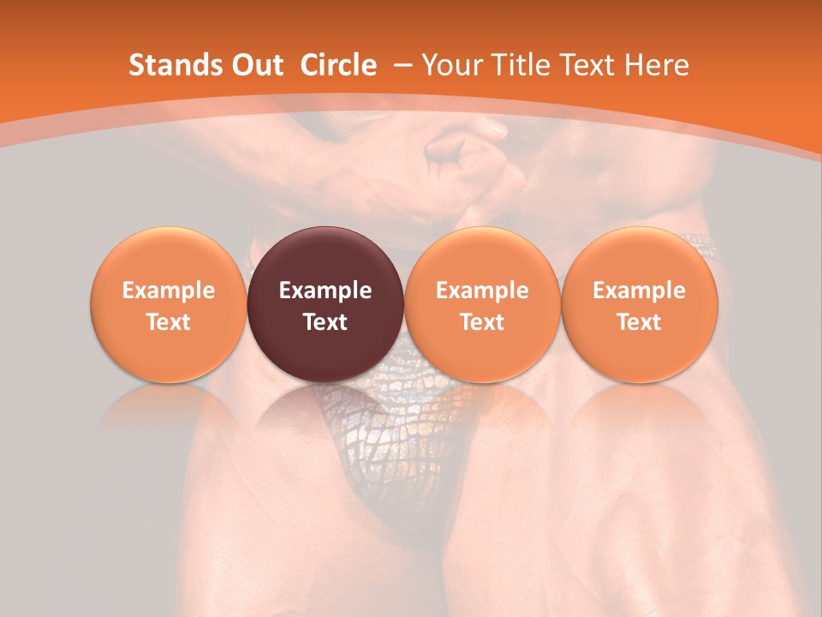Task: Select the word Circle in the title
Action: (x=338, y=65)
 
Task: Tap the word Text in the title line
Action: (x=590, y=65)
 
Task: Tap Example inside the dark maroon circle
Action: (x=325, y=291)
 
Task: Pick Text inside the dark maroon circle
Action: (x=325, y=322)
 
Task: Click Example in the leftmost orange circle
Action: (x=169, y=291)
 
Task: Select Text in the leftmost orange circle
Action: (x=169, y=322)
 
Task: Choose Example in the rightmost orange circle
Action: (x=639, y=291)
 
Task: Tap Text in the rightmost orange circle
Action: (x=639, y=322)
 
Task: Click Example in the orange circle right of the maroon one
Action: (x=482, y=291)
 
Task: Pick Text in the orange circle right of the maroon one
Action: (x=482, y=322)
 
